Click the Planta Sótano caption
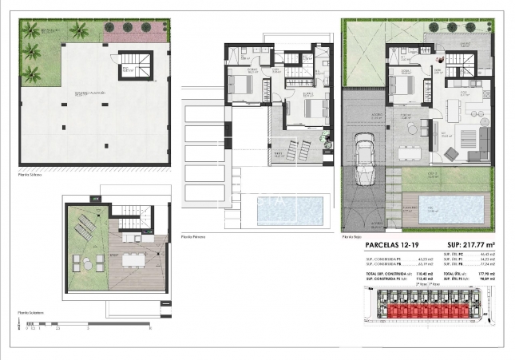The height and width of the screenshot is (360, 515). pos(29,171)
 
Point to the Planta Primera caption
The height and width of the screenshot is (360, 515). pos(194,237)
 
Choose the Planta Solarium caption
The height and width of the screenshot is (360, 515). pos(30,314)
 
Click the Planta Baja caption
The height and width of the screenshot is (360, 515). pos(352,237)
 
